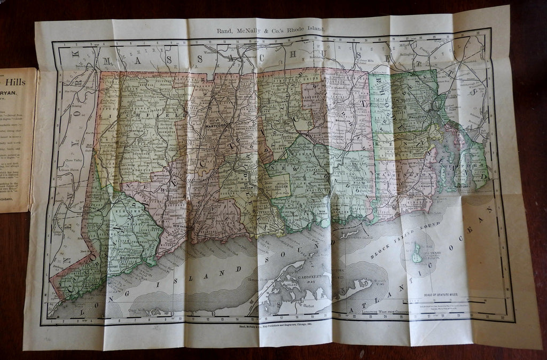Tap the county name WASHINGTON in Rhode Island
click(395, 174)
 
